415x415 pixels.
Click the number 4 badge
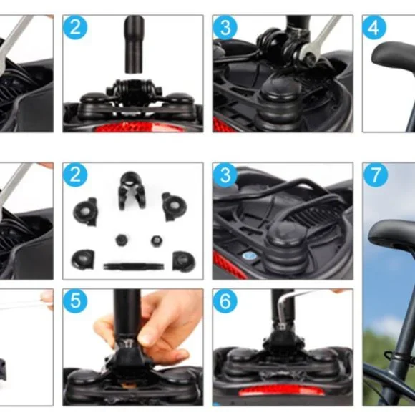(x=373, y=27)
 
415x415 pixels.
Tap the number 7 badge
(x=376, y=175)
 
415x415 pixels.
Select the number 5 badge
(x=75, y=301)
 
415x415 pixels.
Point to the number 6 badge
(x=225, y=301)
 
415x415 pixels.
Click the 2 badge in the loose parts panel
(x=75, y=175)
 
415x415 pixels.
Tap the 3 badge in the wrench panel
(x=225, y=27)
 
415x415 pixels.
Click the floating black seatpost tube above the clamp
(x=135, y=44)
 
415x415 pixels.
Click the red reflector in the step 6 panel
(x=281, y=390)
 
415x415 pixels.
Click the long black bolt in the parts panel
(x=134, y=266)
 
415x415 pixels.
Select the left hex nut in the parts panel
(x=122, y=240)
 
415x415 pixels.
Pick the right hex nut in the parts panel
(x=157, y=241)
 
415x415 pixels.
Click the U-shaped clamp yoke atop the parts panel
(x=132, y=190)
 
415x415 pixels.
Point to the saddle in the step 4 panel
(x=391, y=56)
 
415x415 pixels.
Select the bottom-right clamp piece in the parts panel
(x=184, y=260)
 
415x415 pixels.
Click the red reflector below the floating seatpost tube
(x=137, y=127)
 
